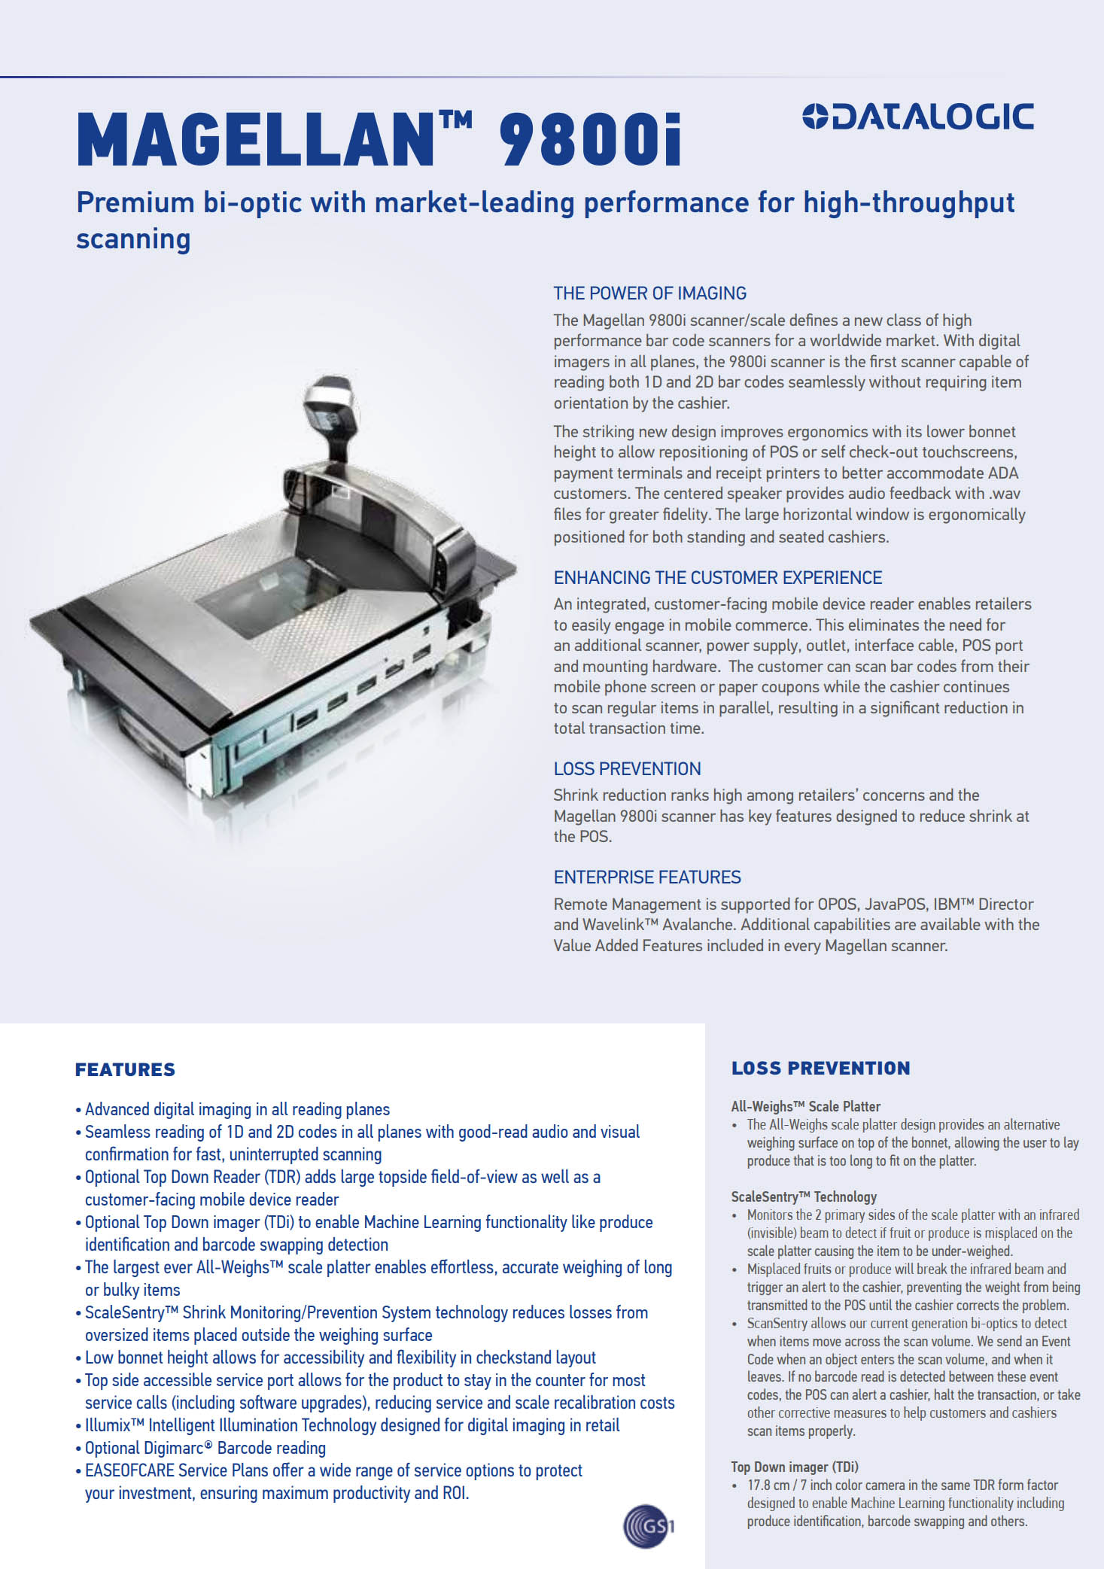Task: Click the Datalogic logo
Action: (x=918, y=117)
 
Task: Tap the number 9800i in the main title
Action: (x=590, y=139)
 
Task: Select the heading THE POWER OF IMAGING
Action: (x=649, y=293)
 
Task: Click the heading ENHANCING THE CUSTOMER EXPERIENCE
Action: (x=717, y=578)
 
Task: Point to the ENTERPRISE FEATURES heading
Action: (x=646, y=877)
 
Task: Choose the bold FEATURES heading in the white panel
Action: (x=125, y=1069)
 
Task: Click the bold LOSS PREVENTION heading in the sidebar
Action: (x=820, y=1068)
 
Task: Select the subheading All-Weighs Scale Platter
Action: (x=805, y=1106)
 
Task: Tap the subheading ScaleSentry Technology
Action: (x=804, y=1197)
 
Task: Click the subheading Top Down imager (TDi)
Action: (x=794, y=1467)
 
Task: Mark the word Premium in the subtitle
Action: (x=135, y=202)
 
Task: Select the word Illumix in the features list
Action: (x=108, y=1425)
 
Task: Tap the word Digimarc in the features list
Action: (x=172, y=1448)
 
